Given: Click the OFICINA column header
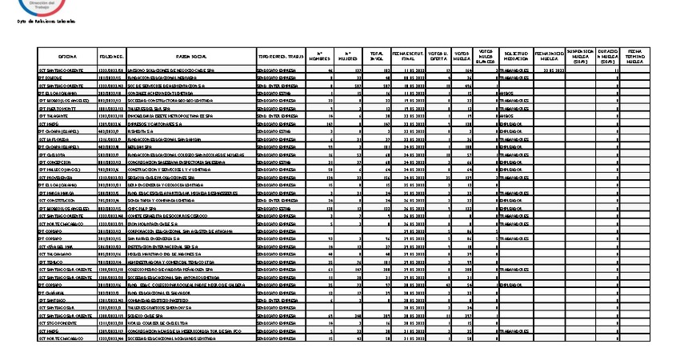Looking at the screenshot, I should click(67, 58).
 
